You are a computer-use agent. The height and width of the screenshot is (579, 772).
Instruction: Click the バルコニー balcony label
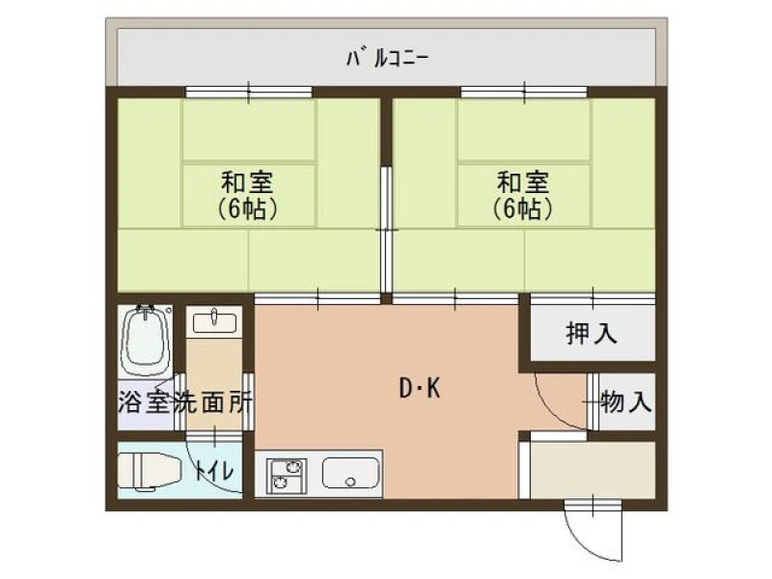pos(388,59)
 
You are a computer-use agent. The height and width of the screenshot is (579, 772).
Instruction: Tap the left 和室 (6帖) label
pos(248,196)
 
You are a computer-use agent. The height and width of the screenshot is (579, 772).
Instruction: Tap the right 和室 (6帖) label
pos(523,196)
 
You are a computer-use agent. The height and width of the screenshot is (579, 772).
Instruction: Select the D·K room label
pos(420,389)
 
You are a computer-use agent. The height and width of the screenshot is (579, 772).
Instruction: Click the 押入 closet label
pos(592,334)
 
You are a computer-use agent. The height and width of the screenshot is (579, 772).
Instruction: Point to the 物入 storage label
pos(626,401)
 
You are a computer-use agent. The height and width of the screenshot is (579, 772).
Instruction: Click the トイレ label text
pos(213,471)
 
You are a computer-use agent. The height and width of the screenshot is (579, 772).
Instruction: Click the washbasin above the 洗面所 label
pos(214,323)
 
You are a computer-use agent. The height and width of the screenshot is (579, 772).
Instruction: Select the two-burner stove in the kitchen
pos(286,476)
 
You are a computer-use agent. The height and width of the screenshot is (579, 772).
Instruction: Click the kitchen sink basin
pos(350,473)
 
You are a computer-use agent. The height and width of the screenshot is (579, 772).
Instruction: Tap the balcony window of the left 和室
pos(249,92)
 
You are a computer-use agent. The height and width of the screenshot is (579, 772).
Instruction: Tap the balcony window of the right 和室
pos(524,92)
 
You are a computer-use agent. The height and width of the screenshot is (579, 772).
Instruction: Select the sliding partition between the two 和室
pos(387,230)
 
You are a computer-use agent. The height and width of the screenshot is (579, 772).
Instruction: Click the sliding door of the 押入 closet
pos(593,299)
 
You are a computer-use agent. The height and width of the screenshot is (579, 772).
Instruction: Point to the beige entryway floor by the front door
pos(593,470)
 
